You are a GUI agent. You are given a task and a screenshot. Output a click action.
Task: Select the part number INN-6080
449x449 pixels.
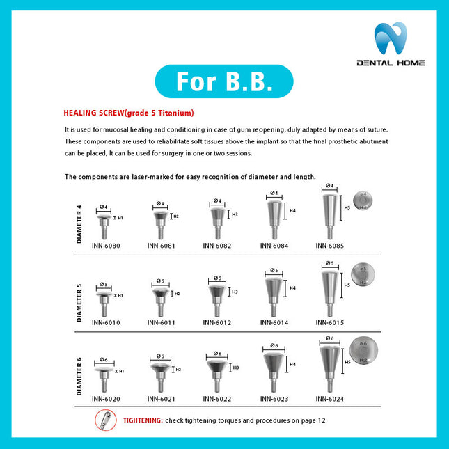point(106,245)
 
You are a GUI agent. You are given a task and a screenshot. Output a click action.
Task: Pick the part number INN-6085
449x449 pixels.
point(330,245)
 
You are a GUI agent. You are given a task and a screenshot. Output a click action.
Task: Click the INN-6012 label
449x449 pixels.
point(218,322)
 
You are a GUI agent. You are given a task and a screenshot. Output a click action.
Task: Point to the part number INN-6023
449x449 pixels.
point(274,399)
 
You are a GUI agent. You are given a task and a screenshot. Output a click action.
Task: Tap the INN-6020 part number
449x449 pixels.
point(106,399)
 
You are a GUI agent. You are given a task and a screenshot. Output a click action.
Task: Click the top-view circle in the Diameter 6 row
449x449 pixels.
point(363,351)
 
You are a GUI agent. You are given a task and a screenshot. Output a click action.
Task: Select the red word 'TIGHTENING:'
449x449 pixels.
point(143,420)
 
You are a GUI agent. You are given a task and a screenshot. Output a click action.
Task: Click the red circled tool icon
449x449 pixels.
point(106,420)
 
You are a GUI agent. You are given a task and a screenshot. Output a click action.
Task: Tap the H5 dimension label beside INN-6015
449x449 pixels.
point(347,284)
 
